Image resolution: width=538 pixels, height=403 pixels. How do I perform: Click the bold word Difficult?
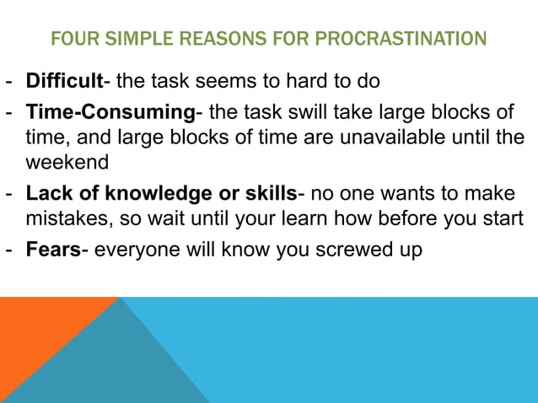point(64,82)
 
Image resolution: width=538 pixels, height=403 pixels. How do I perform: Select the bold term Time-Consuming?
point(110,112)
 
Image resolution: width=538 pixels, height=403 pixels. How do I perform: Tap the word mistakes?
point(65,219)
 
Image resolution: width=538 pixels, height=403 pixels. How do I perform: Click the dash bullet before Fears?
point(9,250)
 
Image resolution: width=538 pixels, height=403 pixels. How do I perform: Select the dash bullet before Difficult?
point(9,82)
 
